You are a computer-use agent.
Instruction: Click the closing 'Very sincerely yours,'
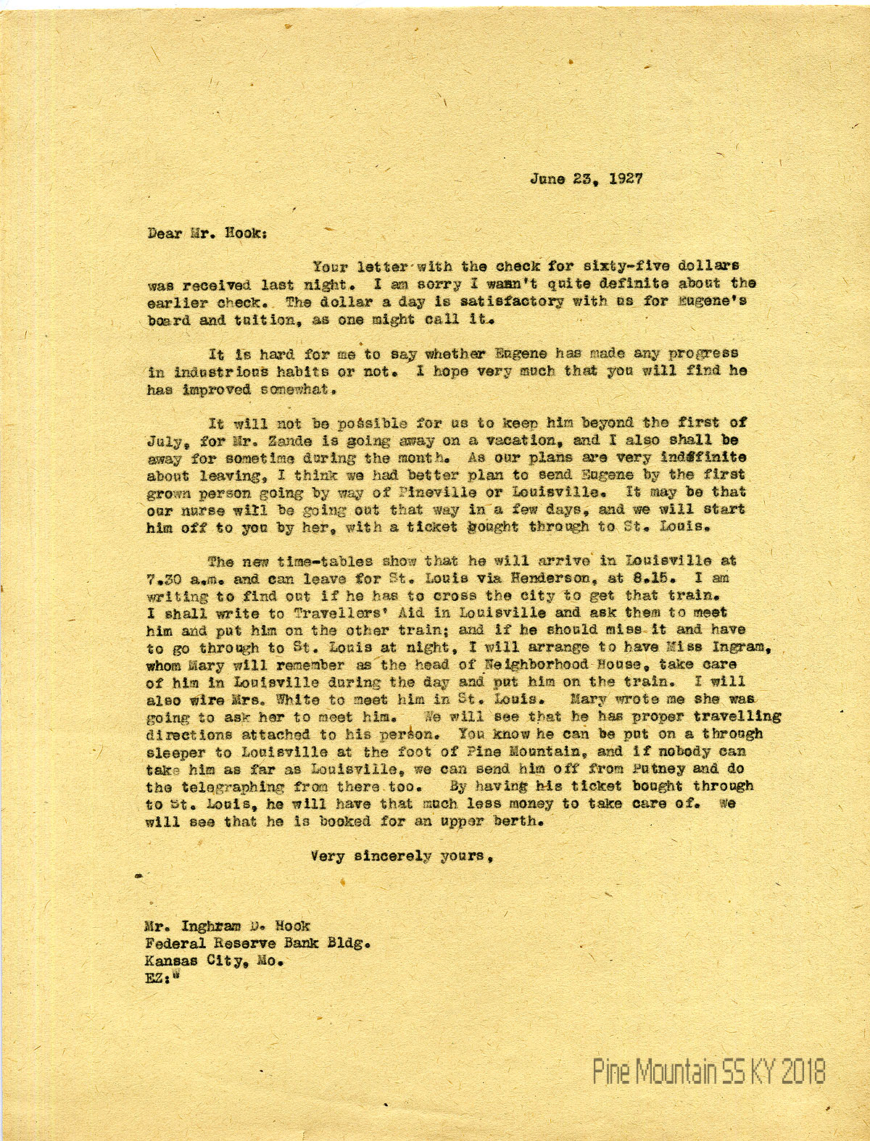(403, 856)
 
